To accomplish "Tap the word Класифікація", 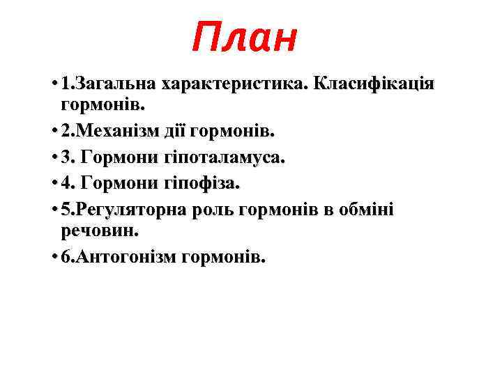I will [x=374, y=85].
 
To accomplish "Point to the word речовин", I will [x=91, y=230].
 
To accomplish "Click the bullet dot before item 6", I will [x=54, y=257].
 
